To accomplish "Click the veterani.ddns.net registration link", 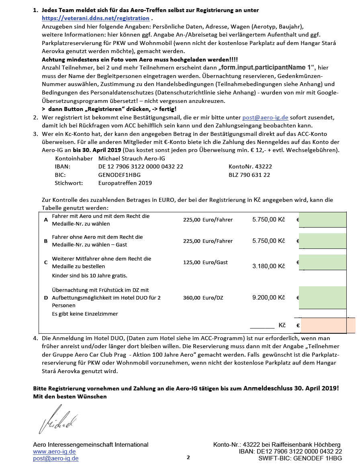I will click(x=96, y=18).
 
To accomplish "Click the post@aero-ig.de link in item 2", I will click(x=266, y=117).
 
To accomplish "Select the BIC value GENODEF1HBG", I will click(x=119, y=175).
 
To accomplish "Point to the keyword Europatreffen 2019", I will click(x=125, y=183).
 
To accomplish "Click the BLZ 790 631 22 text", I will click(x=249, y=175).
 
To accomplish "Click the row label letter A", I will click(x=46, y=220).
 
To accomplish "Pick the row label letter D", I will click(x=46, y=298).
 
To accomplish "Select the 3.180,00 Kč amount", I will click(x=268, y=266).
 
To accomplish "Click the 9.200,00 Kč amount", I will click(x=268, y=298).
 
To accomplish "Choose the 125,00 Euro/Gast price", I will click(x=205, y=262).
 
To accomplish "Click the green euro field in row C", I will click(x=323, y=262).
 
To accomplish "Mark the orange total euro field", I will click(x=327, y=325).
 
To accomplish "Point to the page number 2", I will click(x=188, y=458).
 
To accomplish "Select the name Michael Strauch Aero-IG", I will click(x=131, y=158).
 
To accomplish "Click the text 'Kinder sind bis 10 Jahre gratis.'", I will click(x=90, y=276).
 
